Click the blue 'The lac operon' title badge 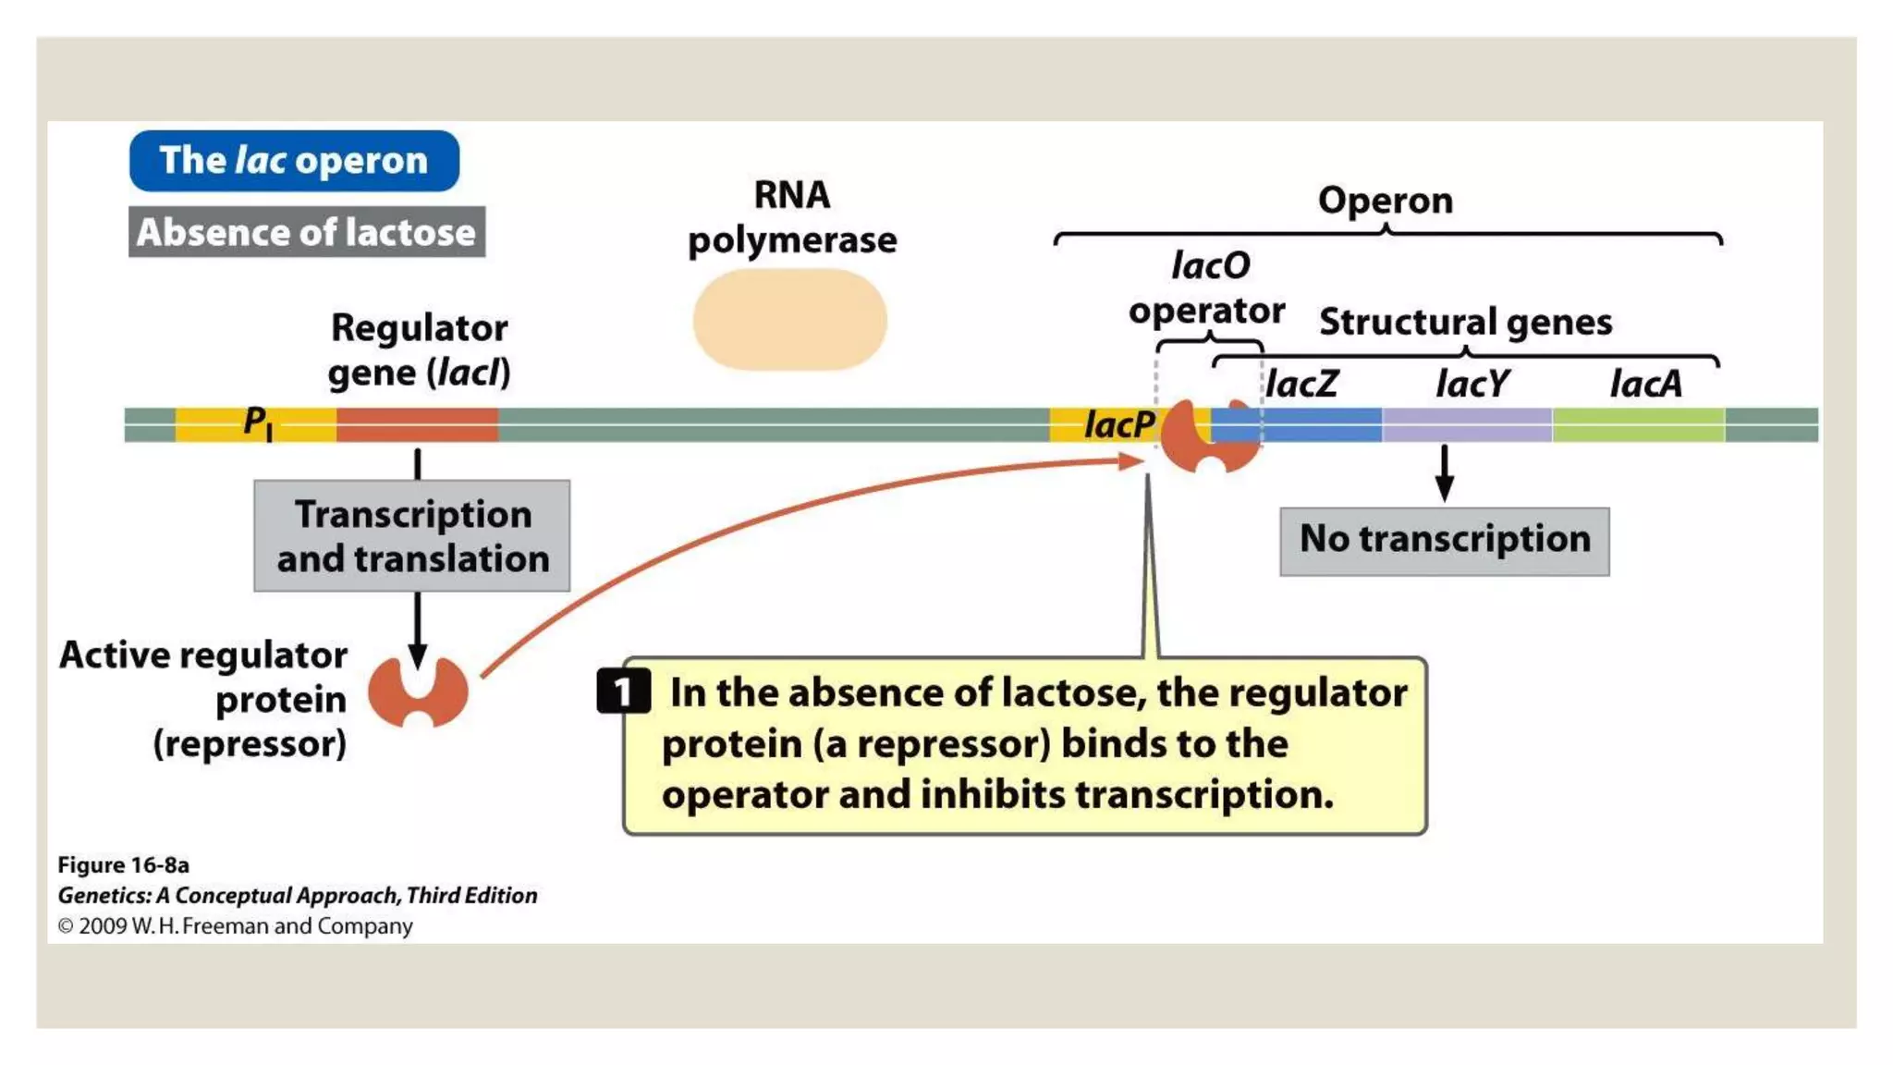pos(294,161)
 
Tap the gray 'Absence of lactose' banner pos(306,232)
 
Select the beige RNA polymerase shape pos(789,320)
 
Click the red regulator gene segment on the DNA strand pos(417,424)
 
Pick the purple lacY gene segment pos(1467,424)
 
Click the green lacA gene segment pos(1638,424)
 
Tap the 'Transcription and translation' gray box pos(412,536)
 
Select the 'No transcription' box pos(1444,541)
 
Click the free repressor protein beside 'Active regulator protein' pos(418,692)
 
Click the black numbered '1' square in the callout pos(623,691)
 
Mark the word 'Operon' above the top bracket pos(1385,201)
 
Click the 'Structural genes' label pos(1465,322)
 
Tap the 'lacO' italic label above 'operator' pos(1210,266)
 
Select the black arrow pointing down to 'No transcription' pos(1444,473)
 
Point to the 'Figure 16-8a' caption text pos(123,865)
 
